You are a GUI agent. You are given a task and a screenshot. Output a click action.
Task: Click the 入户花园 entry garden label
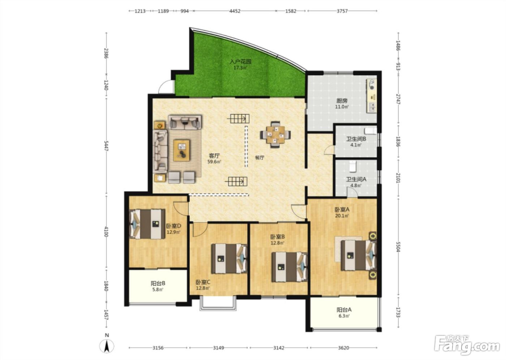[240, 61]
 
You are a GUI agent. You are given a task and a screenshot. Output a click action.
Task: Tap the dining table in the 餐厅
[275, 135]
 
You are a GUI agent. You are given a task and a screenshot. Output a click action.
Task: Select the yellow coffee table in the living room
[181, 150]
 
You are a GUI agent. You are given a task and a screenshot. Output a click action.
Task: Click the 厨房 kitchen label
[342, 101]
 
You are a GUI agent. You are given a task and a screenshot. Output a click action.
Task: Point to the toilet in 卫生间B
[370, 131]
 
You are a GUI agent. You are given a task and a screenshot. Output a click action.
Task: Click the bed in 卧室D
[147, 224]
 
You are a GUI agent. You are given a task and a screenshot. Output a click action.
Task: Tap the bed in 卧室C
[229, 258]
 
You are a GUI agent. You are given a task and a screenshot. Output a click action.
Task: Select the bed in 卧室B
[290, 267]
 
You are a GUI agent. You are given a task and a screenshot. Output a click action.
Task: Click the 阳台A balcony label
[344, 310]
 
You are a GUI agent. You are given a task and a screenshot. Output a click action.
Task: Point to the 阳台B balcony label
[158, 283]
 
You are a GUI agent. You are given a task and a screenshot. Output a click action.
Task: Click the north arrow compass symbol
[107, 346]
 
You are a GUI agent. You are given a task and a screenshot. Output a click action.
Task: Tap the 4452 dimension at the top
[235, 11]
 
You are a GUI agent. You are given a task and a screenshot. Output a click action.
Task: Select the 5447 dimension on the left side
[106, 146]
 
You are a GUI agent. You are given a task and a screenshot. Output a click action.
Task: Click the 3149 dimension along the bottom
[218, 348]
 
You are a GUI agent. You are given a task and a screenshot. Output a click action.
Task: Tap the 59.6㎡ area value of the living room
[214, 162]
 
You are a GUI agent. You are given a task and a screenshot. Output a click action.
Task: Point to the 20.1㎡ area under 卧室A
[342, 215]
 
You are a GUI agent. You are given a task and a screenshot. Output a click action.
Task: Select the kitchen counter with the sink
[372, 96]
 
